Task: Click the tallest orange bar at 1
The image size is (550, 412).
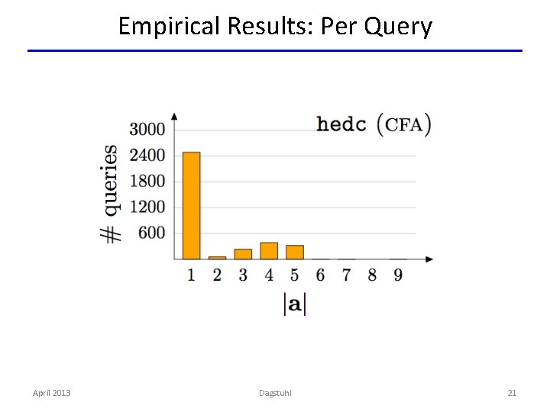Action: pyautogui.click(x=191, y=206)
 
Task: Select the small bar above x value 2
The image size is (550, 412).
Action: pyautogui.click(x=217, y=258)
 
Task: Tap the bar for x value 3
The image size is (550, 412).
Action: pyautogui.click(x=243, y=254)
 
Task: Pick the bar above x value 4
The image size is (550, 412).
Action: pyautogui.click(x=269, y=251)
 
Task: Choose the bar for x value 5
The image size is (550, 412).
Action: pyautogui.click(x=295, y=253)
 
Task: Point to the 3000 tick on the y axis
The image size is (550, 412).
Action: pyautogui.click(x=147, y=129)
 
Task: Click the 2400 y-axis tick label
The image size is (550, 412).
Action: pyautogui.click(x=147, y=156)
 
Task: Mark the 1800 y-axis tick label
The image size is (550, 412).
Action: pyautogui.click(x=147, y=182)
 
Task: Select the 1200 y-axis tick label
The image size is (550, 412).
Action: pyautogui.click(x=147, y=208)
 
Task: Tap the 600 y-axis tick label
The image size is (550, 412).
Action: pyautogui.click(x=151, y=233)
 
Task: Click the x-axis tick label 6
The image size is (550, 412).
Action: pyautogui.click(x=320, y=275)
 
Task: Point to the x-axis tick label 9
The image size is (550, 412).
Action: pyautogui.click(x=398, y=275)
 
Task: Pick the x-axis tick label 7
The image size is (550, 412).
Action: pyautogui.click(x=346, y=275)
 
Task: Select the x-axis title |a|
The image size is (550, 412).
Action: pyautogui.click(x=294, y=304)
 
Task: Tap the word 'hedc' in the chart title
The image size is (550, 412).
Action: pyautogui.click(x=341, y=124)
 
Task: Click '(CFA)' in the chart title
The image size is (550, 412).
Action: pyautogui.click(x=404, y=124)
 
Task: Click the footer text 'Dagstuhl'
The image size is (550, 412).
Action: pyautogui.click(x=275, y=393)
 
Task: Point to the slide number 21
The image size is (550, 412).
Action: pyautogui.click(x=512, y=393)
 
